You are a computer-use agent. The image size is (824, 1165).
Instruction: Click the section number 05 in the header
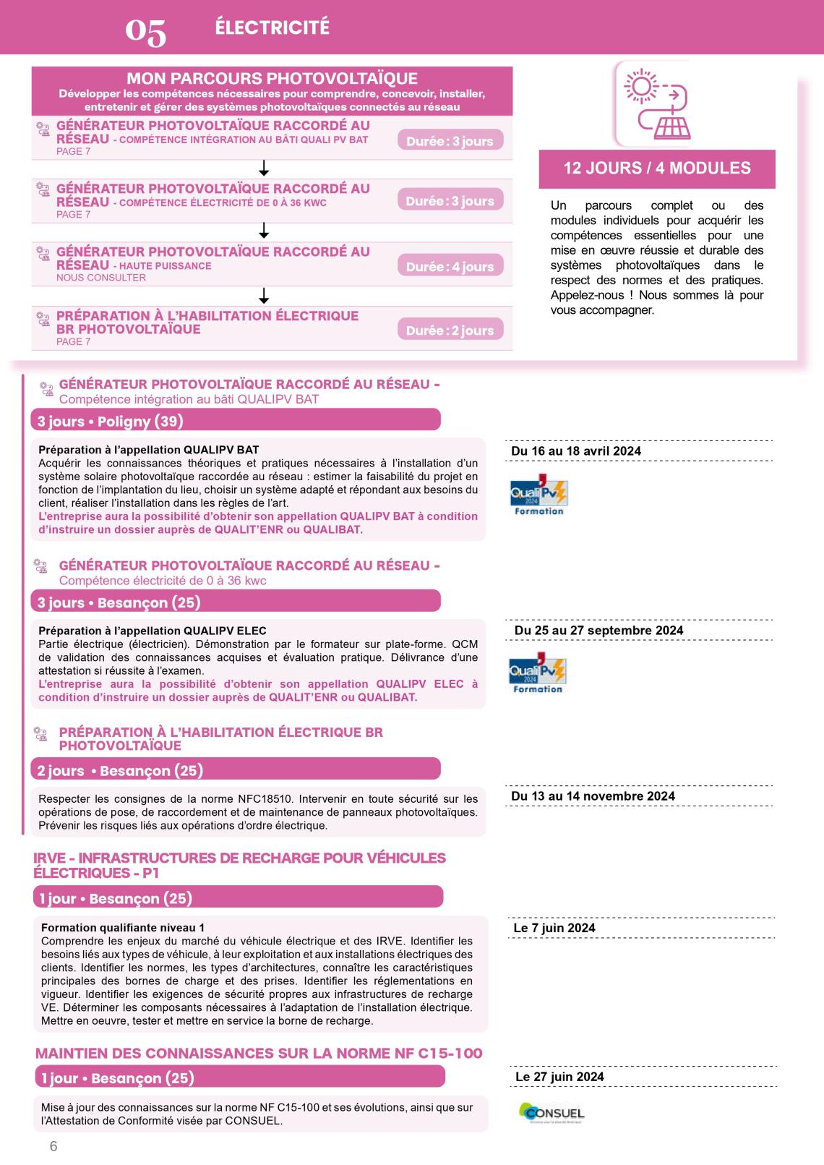point(146,33)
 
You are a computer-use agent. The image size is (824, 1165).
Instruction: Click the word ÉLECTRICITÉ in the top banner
point(272,27)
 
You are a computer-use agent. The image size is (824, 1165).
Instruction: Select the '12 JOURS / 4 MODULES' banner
point(657,168)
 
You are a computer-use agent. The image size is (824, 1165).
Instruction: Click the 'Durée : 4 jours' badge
point(450,267)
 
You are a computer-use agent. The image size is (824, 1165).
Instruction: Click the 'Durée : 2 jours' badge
point(450,330)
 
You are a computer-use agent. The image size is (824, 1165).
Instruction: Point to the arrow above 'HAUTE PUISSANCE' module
point(264,231)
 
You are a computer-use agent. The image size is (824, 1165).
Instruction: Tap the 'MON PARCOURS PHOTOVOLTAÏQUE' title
point(272,79)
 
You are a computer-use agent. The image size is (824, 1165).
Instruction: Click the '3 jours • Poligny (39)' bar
point(236,421)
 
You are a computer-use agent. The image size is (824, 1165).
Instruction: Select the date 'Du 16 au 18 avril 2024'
point(576,451)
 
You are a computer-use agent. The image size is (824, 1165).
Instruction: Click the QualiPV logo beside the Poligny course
point(538,498)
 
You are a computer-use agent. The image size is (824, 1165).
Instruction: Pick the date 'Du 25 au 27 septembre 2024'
point(598,631)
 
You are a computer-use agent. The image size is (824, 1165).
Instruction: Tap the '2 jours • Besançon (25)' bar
point(236,771)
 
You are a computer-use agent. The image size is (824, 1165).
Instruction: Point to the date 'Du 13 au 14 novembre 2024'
point(593,796)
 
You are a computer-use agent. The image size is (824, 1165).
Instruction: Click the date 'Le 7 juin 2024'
point(554,929)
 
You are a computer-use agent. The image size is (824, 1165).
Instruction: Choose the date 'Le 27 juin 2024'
point(559,1077)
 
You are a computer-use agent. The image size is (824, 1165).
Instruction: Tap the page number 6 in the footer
point(53,1147)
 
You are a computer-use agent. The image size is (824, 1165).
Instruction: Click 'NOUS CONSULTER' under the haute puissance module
point(101,278)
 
